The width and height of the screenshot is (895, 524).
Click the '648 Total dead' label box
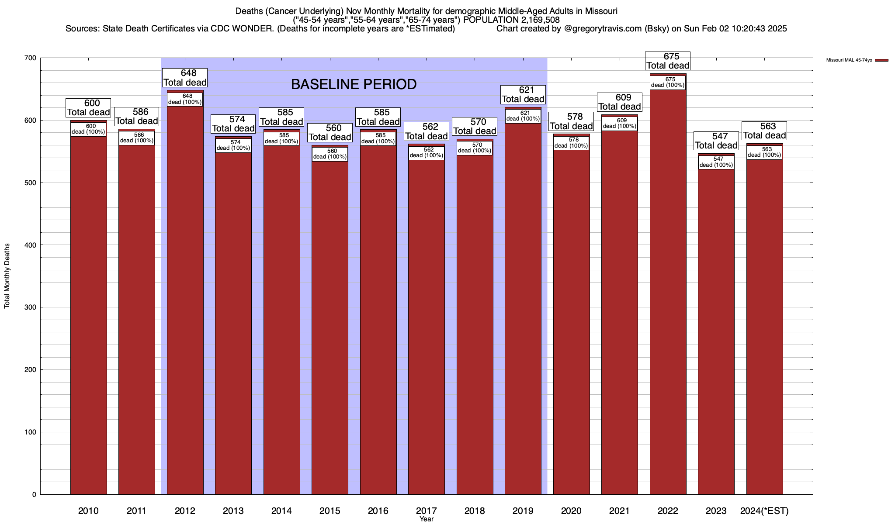tap(185, 78)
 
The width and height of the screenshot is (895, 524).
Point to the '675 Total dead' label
tap(668, 61)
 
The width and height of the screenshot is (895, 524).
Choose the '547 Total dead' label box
tap(716, 141)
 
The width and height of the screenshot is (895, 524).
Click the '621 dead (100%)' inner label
tap(523, 116)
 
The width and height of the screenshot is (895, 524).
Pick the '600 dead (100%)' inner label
tap(88, 129)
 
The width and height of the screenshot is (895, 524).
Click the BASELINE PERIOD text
tap(354, 84)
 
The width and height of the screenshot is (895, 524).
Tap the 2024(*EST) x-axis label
tap(764, 511)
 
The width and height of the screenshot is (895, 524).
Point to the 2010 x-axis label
tap(88, 511)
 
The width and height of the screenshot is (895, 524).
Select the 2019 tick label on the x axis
tap(523, 511)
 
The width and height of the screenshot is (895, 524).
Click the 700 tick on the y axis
tap(31, 58)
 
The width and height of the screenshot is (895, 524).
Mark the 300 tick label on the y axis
tap(31, 307)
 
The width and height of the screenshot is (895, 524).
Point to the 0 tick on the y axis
tap(34, 495)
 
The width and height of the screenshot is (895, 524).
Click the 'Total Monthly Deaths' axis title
tap(7, 276)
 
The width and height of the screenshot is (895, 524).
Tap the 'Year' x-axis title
tap(426, 519)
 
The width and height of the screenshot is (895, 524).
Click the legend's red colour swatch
tap(881, 60)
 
